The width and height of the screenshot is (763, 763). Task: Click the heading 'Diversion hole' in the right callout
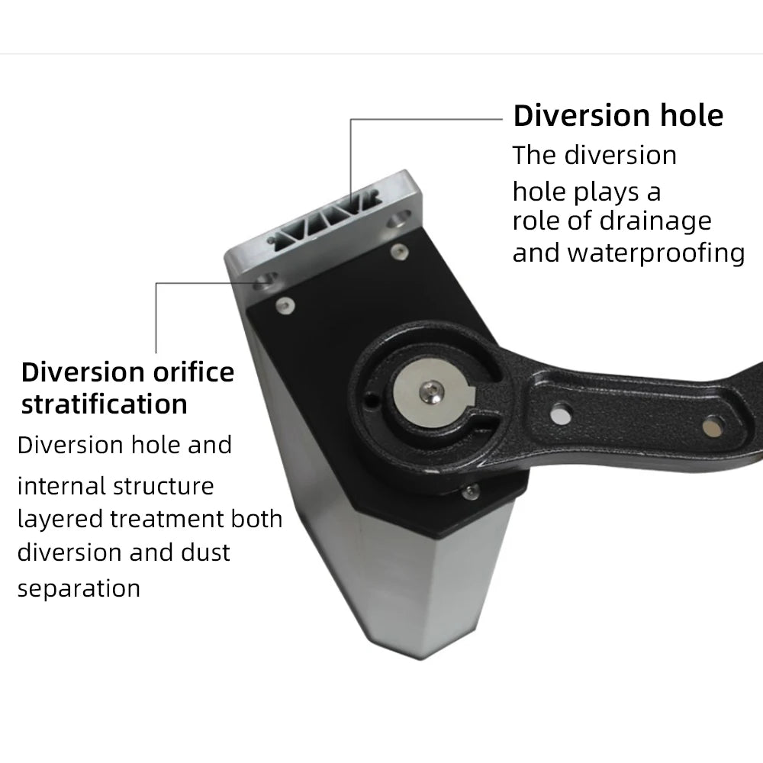618,116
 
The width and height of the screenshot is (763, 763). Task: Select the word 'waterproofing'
656,253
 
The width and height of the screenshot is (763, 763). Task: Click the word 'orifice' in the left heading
194,372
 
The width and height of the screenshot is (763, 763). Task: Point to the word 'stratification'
104,404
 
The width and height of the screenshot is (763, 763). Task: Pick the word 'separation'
79,589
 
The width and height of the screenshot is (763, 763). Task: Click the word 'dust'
205,552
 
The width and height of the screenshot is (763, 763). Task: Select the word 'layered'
60,520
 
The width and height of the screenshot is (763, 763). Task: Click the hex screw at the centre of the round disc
432,391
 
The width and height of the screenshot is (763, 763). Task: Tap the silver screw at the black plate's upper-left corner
285,305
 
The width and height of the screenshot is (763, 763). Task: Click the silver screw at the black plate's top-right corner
400,251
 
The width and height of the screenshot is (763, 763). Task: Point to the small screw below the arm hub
471,491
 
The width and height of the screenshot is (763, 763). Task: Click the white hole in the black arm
561,414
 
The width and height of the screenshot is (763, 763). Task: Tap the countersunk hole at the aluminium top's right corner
400,218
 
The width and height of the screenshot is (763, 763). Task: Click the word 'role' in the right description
535,221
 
